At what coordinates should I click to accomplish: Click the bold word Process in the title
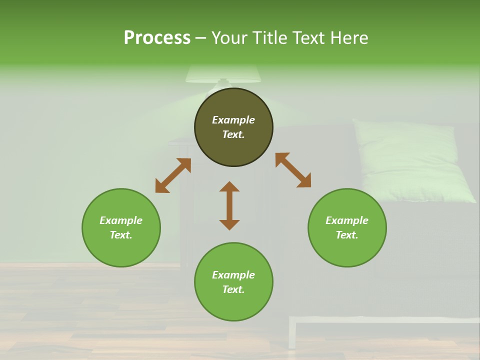click(x=157, y=37)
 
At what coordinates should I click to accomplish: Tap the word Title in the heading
click(x=268, y=37)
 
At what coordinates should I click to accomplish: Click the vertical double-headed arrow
click(x=229, y=205)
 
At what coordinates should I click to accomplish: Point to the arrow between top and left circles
click(x=173, y=175)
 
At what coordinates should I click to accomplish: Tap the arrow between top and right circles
click(x=293, y=170)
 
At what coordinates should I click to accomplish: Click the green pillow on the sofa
click(x=412, y=160)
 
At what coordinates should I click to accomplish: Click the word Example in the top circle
click(x=233, y=120)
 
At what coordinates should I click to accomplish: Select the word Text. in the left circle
click(x=121, y=235)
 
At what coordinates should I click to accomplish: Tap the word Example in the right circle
click(x=347, y=220)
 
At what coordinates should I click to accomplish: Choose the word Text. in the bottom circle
click(x=233, y=289)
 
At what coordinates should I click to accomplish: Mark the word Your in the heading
click(x=228, y=37)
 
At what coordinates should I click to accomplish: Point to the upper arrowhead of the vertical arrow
click(x=229, y=187)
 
